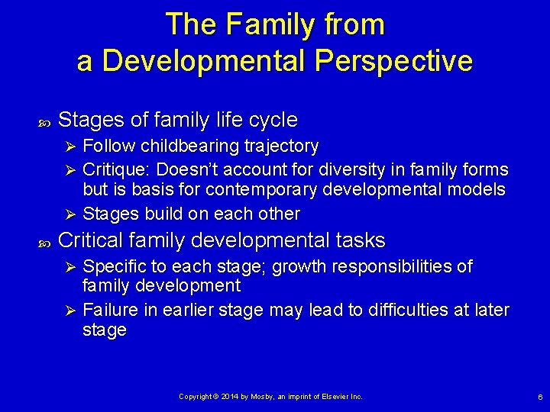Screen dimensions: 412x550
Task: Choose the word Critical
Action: (x=91, y=240)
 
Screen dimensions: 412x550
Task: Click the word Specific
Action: (x=113, y=266)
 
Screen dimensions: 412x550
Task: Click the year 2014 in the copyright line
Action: (x=231, y=397)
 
